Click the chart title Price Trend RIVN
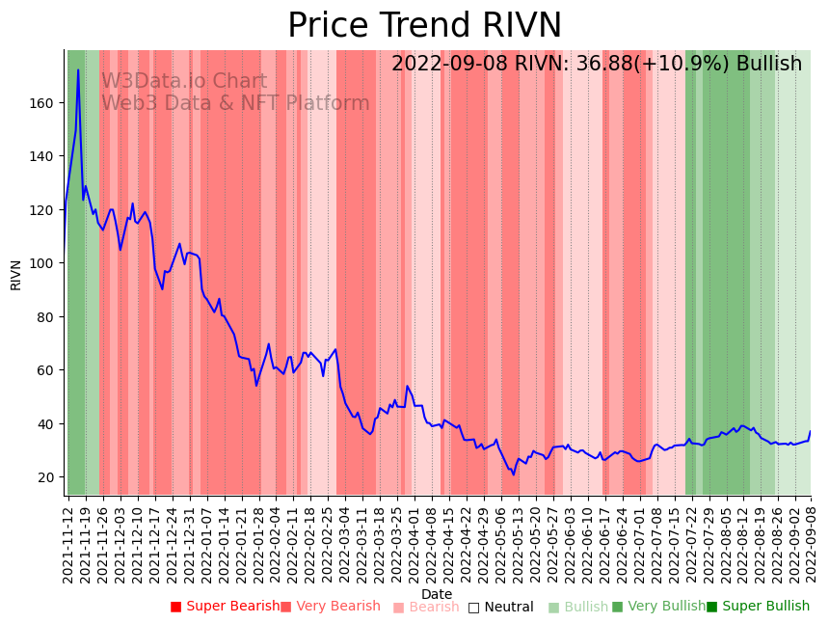point(424,26)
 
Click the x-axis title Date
point(437,594)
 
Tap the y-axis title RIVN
point(16,274)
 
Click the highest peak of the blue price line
point(78,69)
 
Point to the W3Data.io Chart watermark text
point(184,81)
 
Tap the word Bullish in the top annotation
point(769,64)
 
